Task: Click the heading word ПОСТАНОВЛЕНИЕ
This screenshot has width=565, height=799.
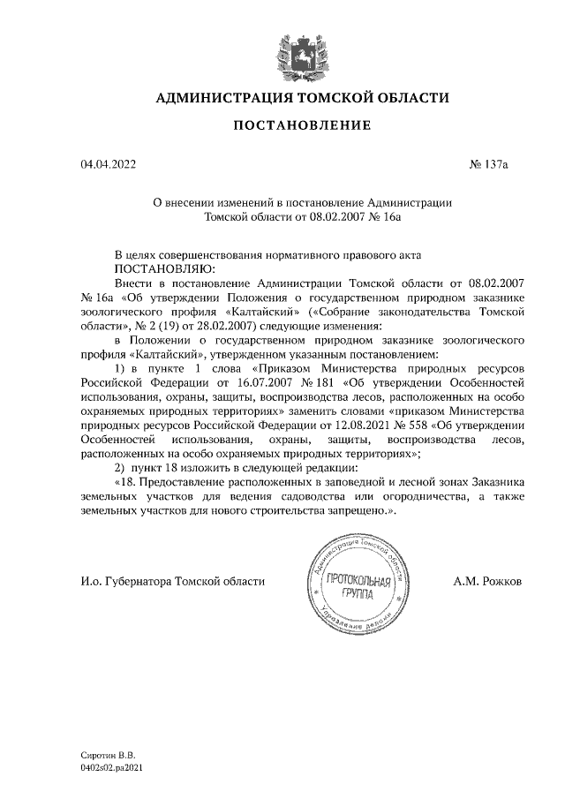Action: click(302, 126)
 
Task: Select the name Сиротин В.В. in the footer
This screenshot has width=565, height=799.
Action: click(104, 756)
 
